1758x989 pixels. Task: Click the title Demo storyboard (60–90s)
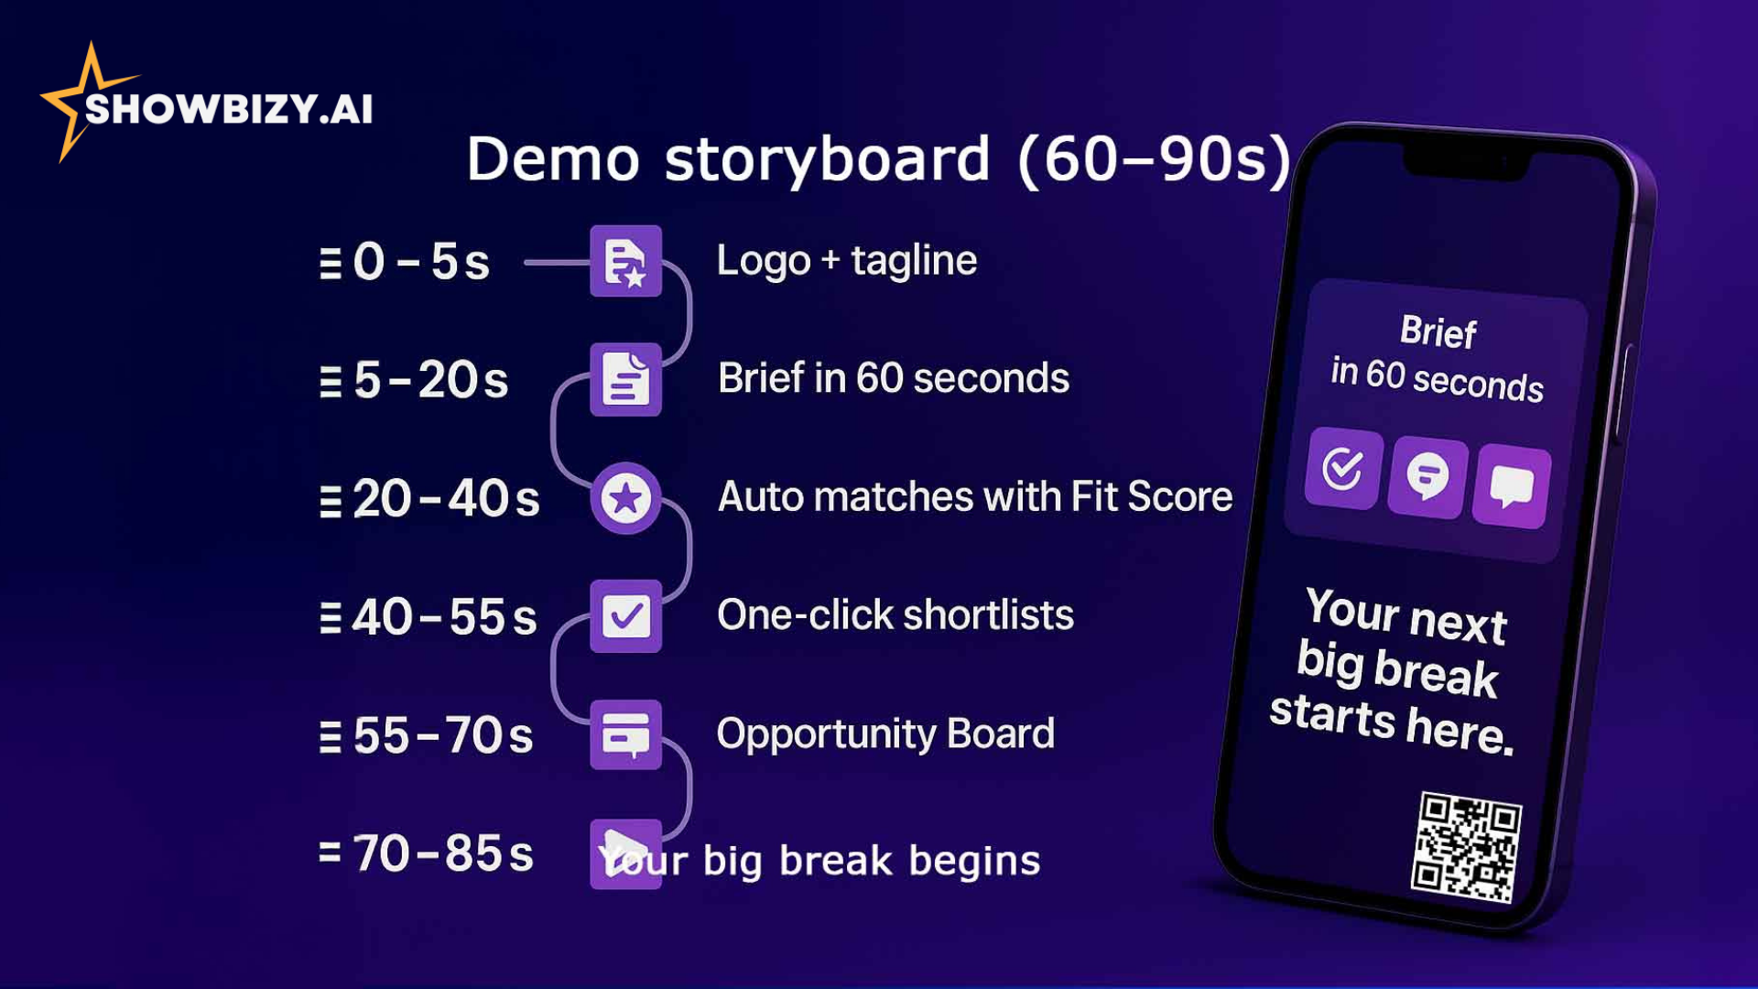point(878,159)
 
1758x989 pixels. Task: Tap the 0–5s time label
point(421,262)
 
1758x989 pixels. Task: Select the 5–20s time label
point(430,380)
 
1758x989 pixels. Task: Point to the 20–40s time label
point(446,499)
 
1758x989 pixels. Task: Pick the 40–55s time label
point(444,617)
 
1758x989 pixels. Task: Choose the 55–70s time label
point(442,735)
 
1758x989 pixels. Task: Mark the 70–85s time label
point(443,853)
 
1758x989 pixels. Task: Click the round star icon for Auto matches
point(626,499)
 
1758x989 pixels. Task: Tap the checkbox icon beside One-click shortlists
point(626,616)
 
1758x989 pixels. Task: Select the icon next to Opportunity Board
point(626,734)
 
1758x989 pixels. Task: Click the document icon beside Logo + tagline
point(626,261)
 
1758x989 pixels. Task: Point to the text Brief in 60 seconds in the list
point(893,378)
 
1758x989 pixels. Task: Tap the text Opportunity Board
point(885,734)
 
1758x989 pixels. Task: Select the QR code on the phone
point(1466,847)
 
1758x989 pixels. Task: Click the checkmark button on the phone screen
point(1343,468)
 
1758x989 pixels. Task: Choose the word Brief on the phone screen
point(1438,331)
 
